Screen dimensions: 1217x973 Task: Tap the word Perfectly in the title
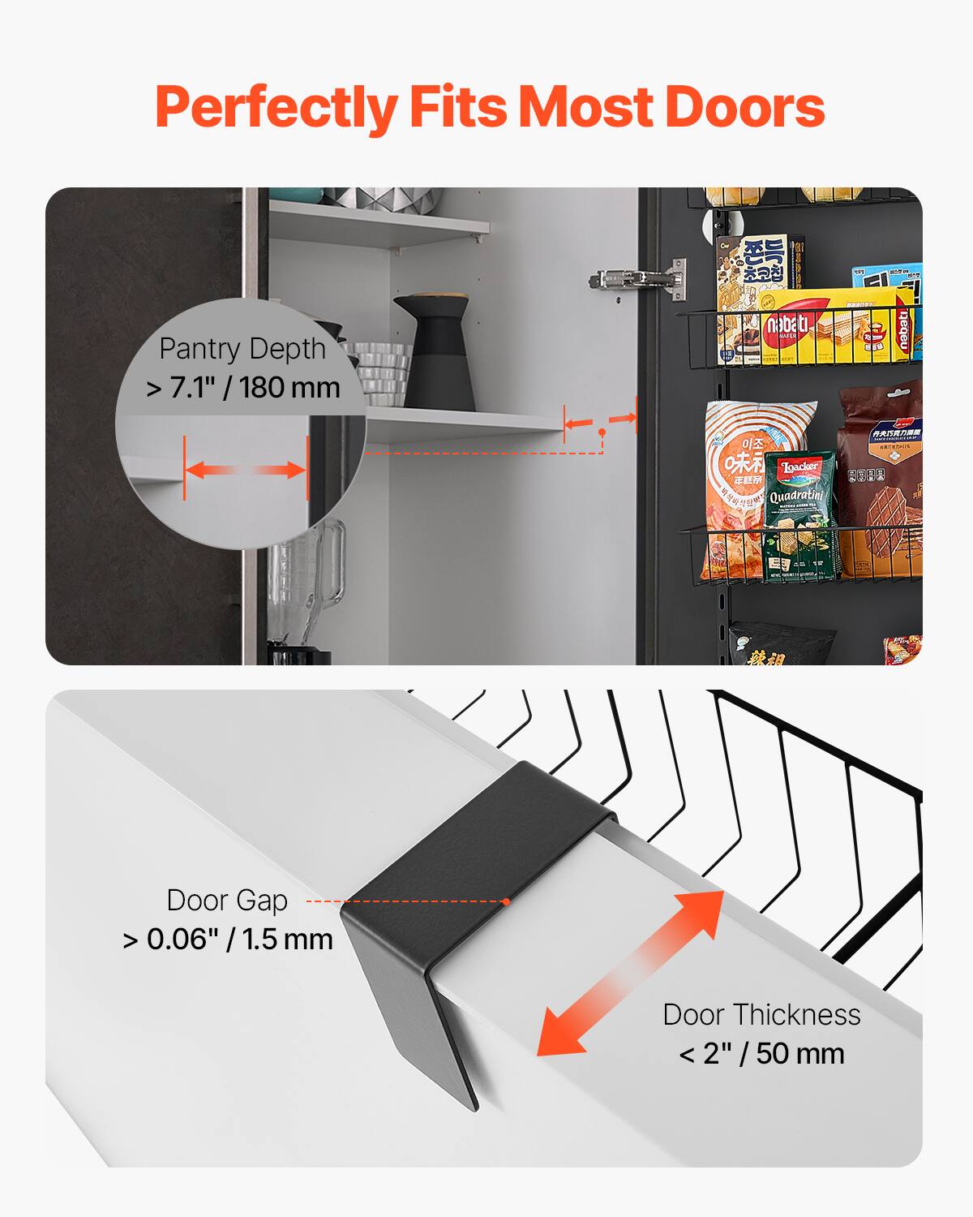(276, 108)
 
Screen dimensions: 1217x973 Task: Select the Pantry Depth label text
(242, 349)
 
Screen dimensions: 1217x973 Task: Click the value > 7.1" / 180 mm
(243, 388)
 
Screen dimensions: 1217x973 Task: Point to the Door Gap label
(227, 901)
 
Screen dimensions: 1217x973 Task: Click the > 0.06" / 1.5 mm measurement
(228, 940)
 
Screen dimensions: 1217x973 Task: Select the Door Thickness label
(761, 1014)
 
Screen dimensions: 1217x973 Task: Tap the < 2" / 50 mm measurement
(761, 1054)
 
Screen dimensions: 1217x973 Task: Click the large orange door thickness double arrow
(631, 973)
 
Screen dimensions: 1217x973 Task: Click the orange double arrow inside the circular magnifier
(246, 470)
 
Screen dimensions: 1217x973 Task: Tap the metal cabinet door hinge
(637, 278)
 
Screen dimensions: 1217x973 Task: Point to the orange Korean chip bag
(734, 487)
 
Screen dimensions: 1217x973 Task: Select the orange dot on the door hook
(506, 901)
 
